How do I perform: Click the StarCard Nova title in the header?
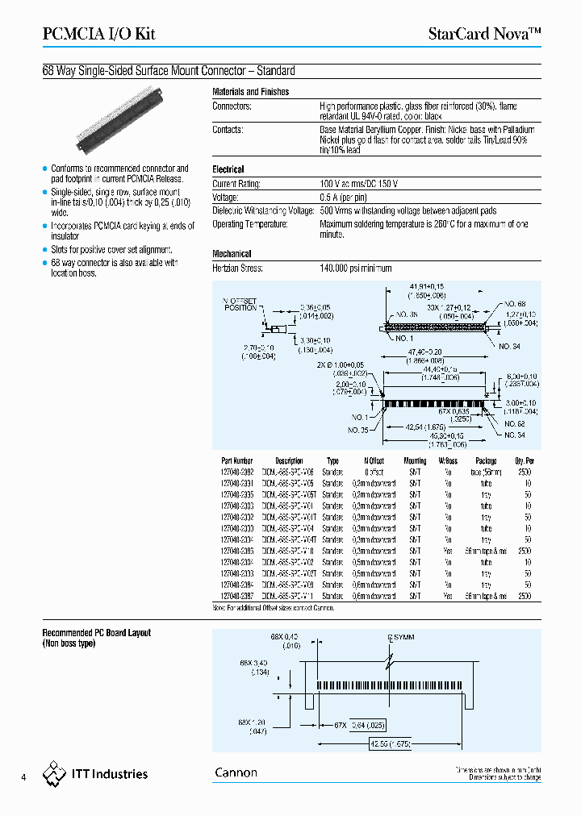coord(483,34)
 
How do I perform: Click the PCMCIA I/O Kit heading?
coord(98,34)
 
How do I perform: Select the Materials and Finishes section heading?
coord(250,92)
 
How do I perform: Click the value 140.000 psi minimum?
coord(356,268)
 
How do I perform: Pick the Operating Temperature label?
coord(251,223)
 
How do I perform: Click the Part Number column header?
coord(236,461)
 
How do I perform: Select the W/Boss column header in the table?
coord(448,461)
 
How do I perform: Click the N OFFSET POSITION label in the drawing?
coord(240,303)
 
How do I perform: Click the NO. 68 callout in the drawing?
coord(514,304)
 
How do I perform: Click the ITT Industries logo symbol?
coord(55,773)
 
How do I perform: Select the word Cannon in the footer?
coord(236,772)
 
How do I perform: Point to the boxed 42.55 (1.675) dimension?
coord(390,743)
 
